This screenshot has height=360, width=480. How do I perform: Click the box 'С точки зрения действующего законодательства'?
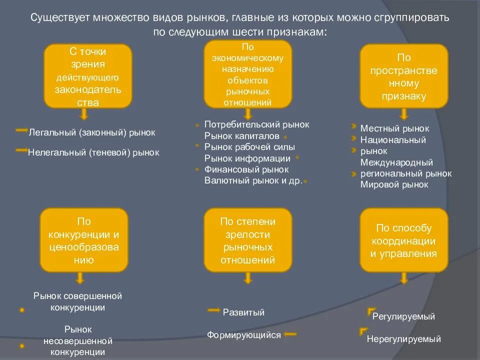click(x=88, y=76)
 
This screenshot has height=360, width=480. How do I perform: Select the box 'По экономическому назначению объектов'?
click(x=248, y=74)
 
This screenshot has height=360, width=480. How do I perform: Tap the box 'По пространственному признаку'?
click(x=403, y=76)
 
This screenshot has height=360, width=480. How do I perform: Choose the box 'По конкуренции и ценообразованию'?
click(x=84, y=240)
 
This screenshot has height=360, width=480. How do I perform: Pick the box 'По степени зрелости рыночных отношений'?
click(x=248, y=240)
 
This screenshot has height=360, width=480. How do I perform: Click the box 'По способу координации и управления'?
click(x=403, y=240)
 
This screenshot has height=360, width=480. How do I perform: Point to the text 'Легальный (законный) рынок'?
click(x=92, y=132)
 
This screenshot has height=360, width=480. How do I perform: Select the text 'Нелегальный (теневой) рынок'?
click(x=93, y=152)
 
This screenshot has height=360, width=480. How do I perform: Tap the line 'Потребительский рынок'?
click(x=256, y=124)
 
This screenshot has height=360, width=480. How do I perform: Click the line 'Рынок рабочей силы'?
click(x=249, y=147)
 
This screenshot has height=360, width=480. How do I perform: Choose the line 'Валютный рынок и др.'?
click(x=253, y=180)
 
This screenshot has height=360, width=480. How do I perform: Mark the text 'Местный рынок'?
click(x=394, y=128)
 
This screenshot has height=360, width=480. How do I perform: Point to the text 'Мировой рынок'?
click(x=394, y=184)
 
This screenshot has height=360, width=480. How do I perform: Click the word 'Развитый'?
click(x=243, y=312)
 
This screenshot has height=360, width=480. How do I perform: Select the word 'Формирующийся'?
click(x=244, y=335)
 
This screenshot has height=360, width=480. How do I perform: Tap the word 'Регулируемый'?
click(x=403, y=316)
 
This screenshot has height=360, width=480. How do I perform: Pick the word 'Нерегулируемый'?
click(x=403, y=339)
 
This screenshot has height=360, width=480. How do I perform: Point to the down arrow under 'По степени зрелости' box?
click(x=247, y=278)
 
